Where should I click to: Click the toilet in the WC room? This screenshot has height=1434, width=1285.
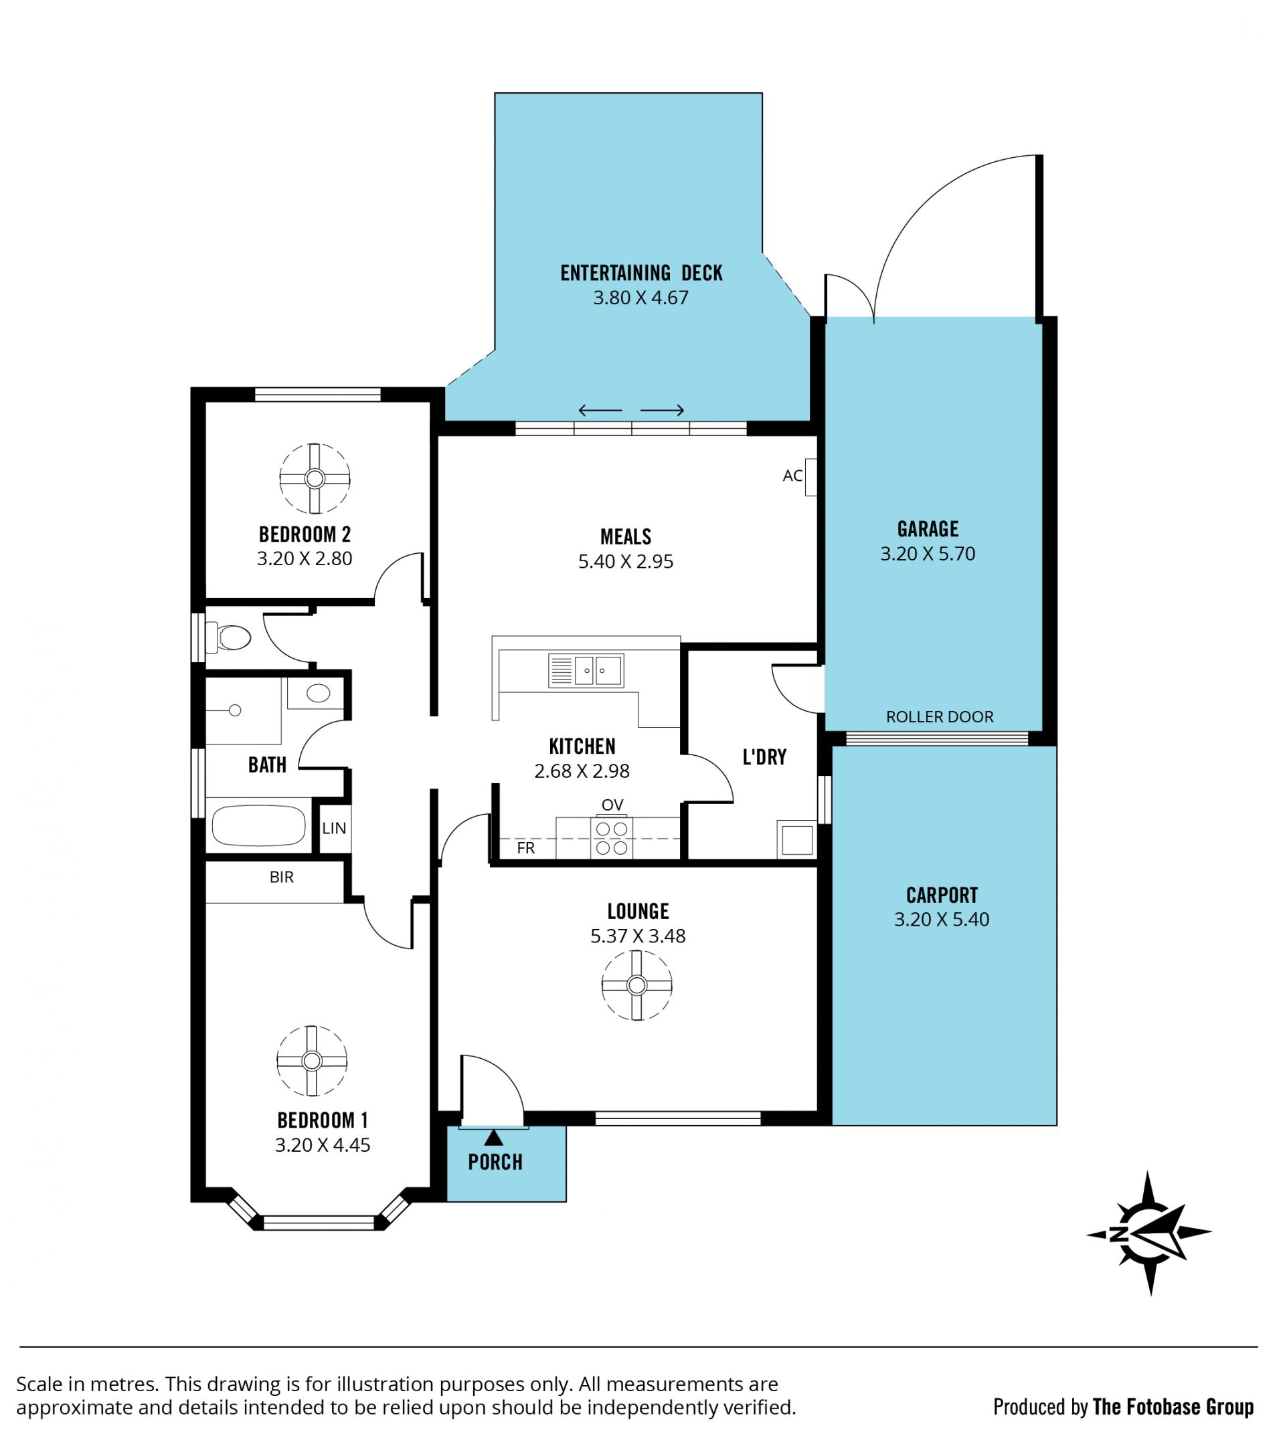point(228,637)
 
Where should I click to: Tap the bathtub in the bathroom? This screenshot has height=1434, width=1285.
point(258,824)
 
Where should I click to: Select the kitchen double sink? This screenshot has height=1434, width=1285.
point(586,670)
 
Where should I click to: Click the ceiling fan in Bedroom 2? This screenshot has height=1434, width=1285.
point(315,478)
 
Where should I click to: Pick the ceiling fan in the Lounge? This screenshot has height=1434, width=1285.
point(637,985)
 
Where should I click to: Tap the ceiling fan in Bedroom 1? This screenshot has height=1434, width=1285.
point(312,1060)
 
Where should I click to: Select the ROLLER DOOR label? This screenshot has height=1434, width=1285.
point(939,717)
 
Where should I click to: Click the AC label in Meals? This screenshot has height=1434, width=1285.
point(792,476)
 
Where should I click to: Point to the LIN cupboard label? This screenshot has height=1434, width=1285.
point(334,828)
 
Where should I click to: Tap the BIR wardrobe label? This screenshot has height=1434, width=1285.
point(282,878)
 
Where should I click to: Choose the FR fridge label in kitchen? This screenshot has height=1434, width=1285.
point(526,847)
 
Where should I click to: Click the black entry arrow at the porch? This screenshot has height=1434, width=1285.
point(493,1137)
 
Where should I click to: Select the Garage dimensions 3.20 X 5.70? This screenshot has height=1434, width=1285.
point(927,553)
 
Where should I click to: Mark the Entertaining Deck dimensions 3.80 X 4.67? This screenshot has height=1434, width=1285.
point(640,297)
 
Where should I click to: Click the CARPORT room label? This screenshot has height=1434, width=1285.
point(942,896)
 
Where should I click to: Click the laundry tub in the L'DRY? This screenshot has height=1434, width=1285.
point(796,840)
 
